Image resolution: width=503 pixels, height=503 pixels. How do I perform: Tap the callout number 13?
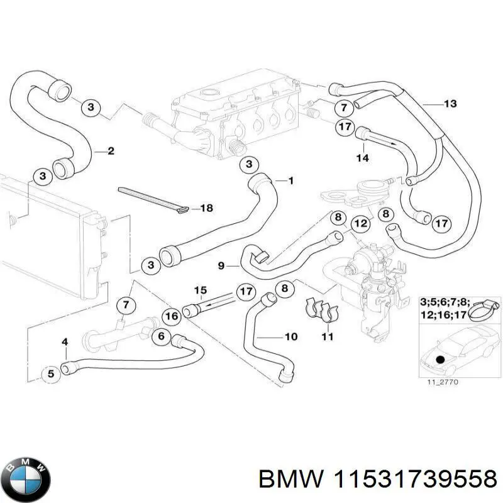pos(450,103)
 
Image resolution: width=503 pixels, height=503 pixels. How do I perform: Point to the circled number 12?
pos(359,223)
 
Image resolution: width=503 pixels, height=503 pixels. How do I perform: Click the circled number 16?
pos(170,316)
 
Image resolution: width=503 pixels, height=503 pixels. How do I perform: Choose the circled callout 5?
pos(52,374)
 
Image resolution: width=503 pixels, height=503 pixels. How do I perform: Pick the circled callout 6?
pos(161,336)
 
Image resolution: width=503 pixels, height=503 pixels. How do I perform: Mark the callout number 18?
pos(207,207)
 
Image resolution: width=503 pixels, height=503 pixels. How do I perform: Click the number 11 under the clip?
pos(327,337)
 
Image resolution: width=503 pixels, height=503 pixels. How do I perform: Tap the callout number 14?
pos(362,158)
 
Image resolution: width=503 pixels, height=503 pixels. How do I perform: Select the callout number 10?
pos(290,337)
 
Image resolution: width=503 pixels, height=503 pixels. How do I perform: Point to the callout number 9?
pos(221,266)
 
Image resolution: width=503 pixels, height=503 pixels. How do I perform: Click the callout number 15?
pos(200,290)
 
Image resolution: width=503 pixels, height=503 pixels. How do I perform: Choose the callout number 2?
pos(111,151)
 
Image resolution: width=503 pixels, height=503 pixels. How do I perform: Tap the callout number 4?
pos(64,342)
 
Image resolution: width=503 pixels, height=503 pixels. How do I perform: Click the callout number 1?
pos(290,181)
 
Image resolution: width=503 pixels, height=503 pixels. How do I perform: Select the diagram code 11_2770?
pos(439,381)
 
